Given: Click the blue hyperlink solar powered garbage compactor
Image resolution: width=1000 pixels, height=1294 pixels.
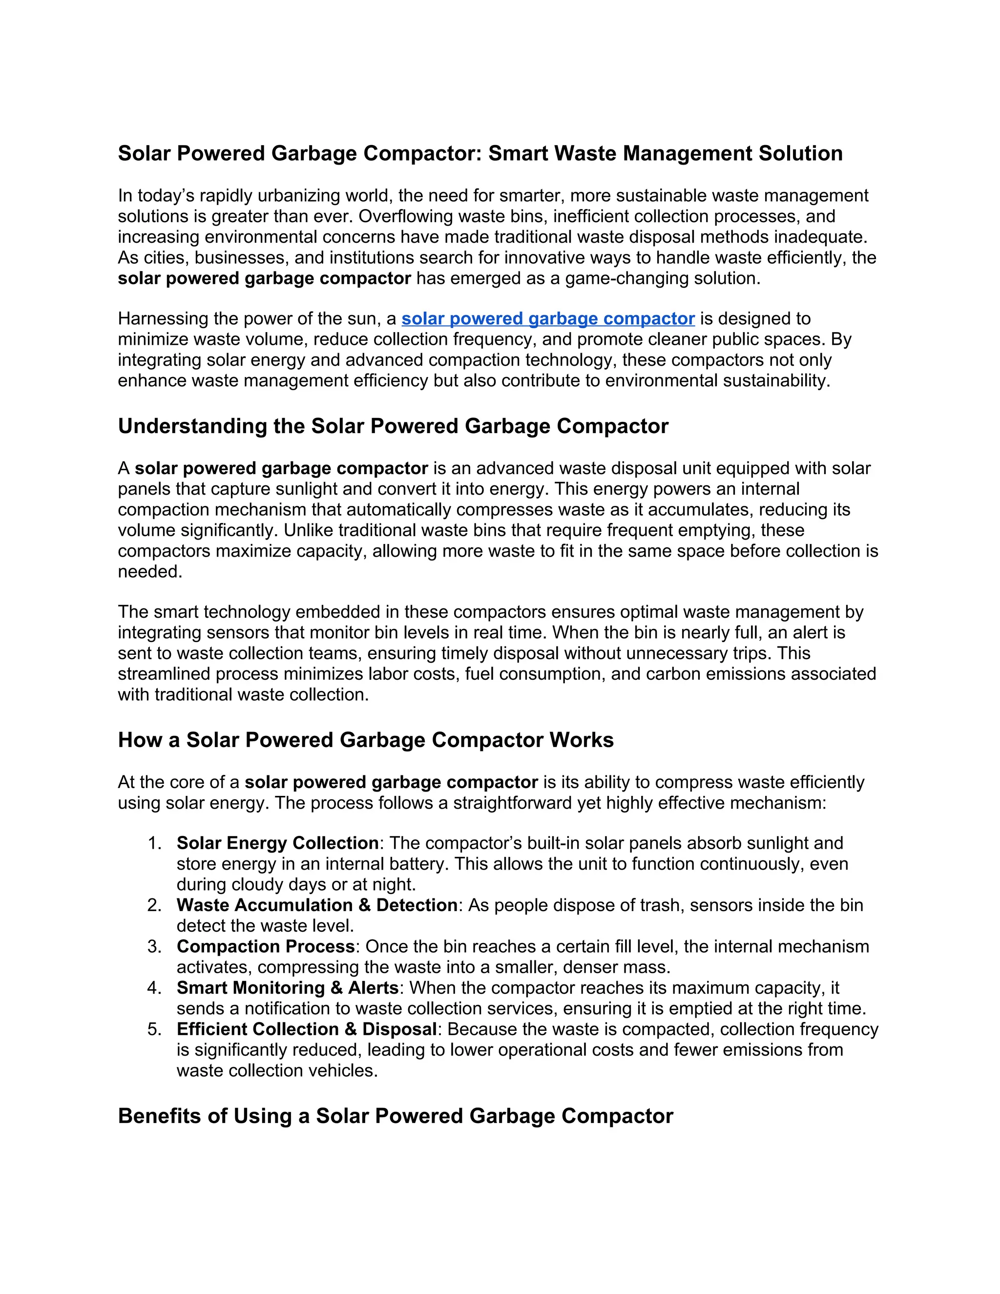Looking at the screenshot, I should coord(547,319).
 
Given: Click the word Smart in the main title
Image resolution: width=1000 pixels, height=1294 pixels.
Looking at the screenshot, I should coord(521,153).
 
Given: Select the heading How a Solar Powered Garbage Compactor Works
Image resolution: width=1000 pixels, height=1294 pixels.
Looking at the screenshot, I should coord(366,740).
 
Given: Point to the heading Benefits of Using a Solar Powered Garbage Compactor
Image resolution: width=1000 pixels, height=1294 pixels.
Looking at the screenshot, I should coord(395,1116).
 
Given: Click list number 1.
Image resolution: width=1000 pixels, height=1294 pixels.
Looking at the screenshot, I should coord(155,843).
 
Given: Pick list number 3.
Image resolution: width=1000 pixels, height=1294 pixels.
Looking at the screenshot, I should coord(155,947).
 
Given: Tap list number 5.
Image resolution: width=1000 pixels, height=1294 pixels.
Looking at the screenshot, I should coord(155,1029).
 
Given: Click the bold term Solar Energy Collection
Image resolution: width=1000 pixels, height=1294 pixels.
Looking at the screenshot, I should coord(277,843).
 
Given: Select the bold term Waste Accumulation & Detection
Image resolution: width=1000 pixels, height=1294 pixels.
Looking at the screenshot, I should coord(316,905).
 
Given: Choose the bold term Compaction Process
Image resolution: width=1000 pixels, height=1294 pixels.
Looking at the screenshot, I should coord(265,947).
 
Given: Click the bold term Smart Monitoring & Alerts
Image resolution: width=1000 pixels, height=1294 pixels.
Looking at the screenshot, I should coord(287,988).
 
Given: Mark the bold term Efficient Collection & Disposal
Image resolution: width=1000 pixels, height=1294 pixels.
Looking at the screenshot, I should coord(306,1029).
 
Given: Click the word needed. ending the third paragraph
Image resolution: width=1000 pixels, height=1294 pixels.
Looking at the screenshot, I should coord(150,572).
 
